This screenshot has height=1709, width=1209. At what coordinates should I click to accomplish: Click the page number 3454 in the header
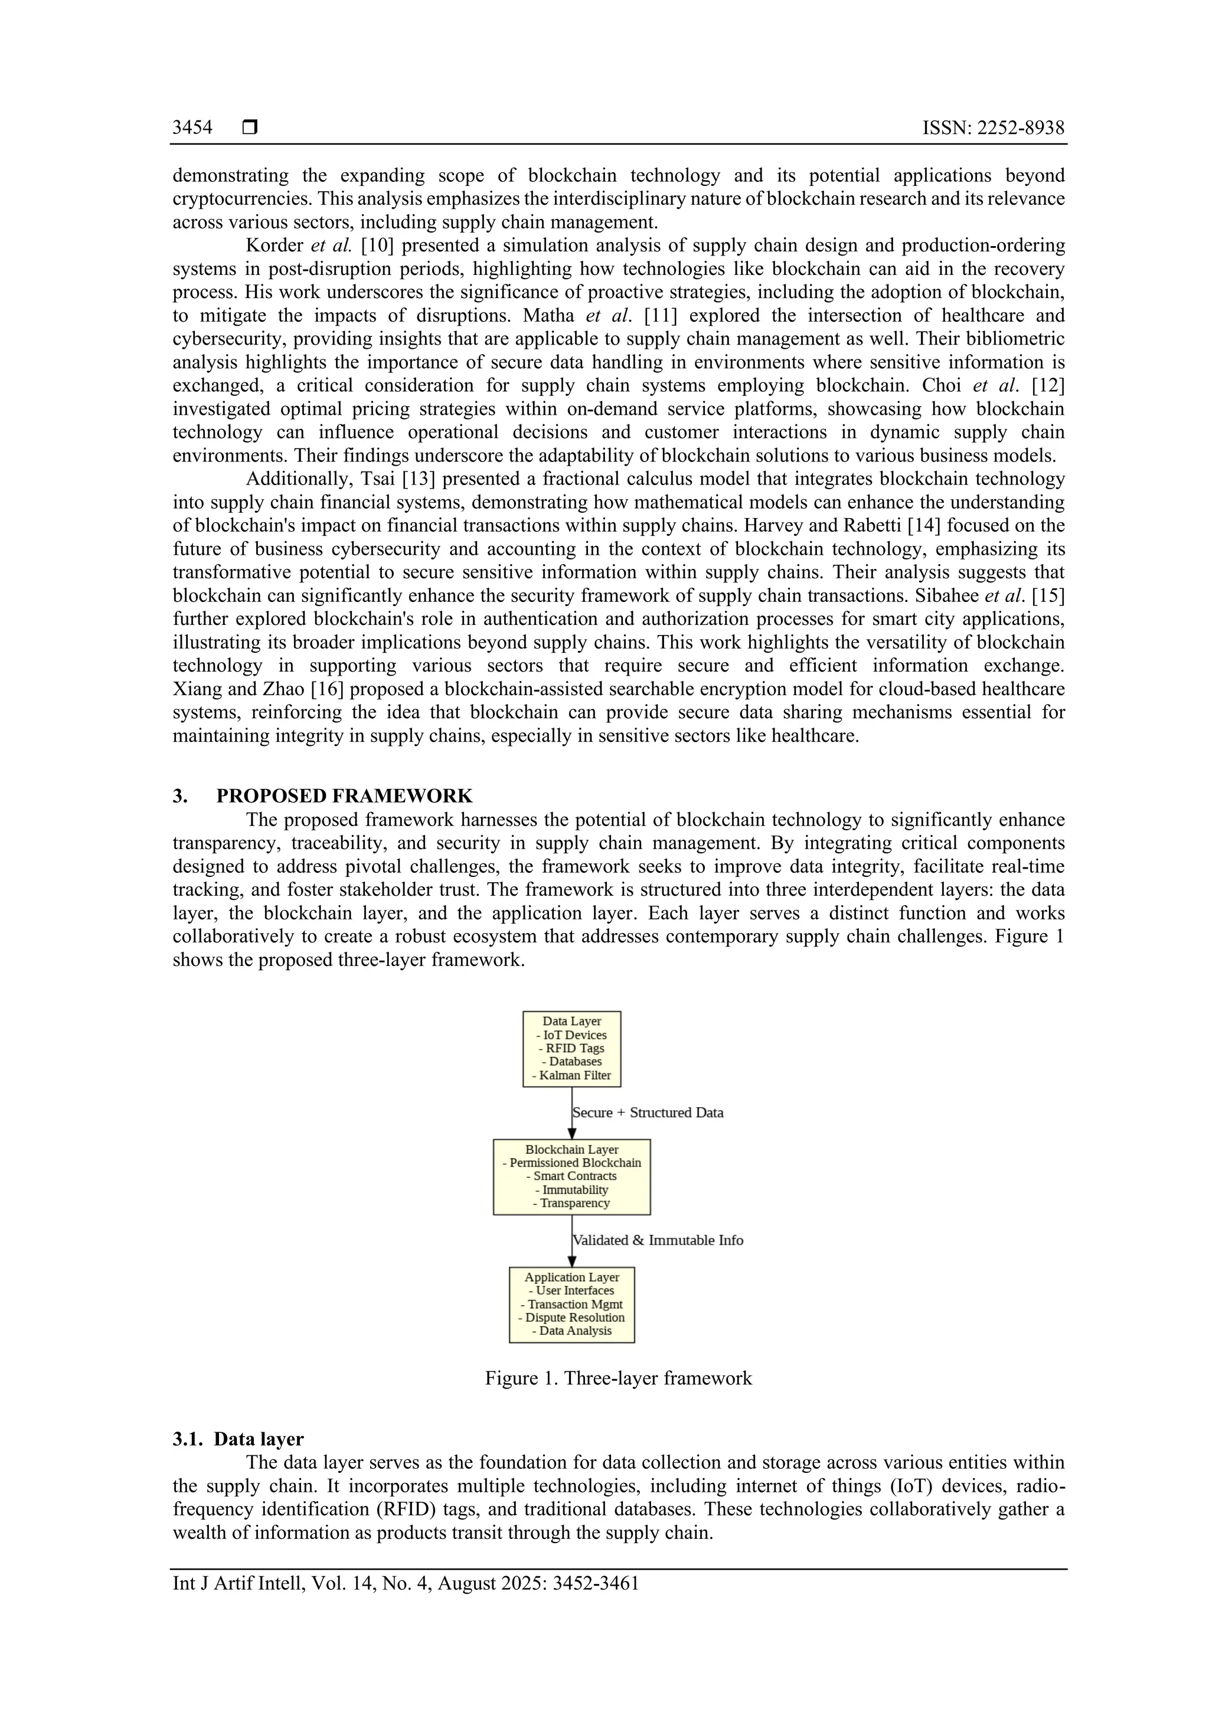[192, 128]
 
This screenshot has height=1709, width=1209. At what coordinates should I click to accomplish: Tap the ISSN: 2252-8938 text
[993, 128]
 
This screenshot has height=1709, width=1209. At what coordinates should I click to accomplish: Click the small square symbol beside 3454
[250, 128]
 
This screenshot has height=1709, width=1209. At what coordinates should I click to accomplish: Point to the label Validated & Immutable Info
[658, 1240]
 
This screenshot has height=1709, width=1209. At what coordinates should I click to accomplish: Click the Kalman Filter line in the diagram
[572, 1076]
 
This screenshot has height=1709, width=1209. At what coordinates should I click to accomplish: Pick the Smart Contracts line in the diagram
[572, 1176]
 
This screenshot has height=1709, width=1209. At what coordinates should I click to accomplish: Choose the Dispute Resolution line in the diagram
[572, 1318]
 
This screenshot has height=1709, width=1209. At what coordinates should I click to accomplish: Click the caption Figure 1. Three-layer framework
[618, 1379]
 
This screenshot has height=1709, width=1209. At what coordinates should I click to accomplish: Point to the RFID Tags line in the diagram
[572, 1048]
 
